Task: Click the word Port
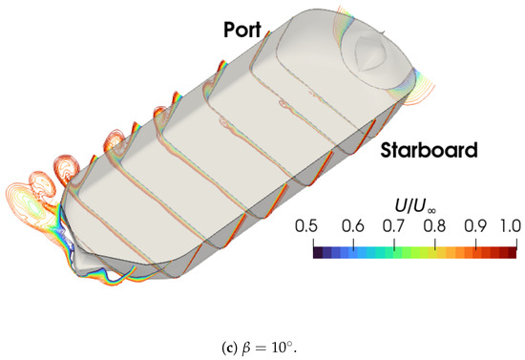tap(242, 30)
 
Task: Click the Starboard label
tap(429, 150)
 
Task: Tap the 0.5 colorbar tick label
tap(306, 226)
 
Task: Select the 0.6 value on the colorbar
tap(352, 226)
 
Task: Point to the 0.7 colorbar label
tap(393, 226)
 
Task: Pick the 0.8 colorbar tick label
tap(434, 226)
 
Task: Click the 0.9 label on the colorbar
tap(475, 226)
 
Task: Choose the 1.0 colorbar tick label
tap(511, 226)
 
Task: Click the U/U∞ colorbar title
tap(415, 206)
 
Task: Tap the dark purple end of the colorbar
tap(318, 253)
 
